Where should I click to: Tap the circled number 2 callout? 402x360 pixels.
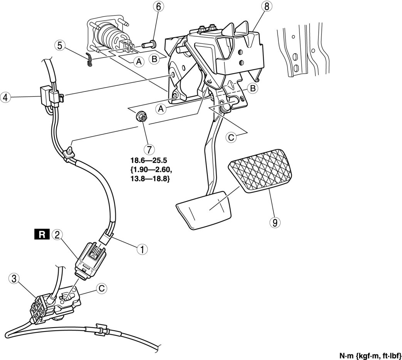coord(57,234)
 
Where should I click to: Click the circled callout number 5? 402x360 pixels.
coord(59,46)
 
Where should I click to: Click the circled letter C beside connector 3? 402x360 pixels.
coord(101,288)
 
